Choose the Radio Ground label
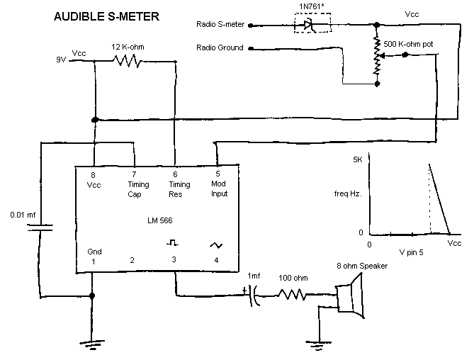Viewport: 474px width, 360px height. pyautogui.click(x=220, y=48)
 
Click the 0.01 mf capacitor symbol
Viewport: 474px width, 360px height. pyautogui.click(x=41, y=228)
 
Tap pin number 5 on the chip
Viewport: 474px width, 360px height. pyautogui.click(x=218, y=174)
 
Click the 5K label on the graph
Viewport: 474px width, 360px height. pyautogui.click(x=358, y=160)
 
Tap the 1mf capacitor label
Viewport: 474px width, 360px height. pyautogui.click(x=254, y=276)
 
